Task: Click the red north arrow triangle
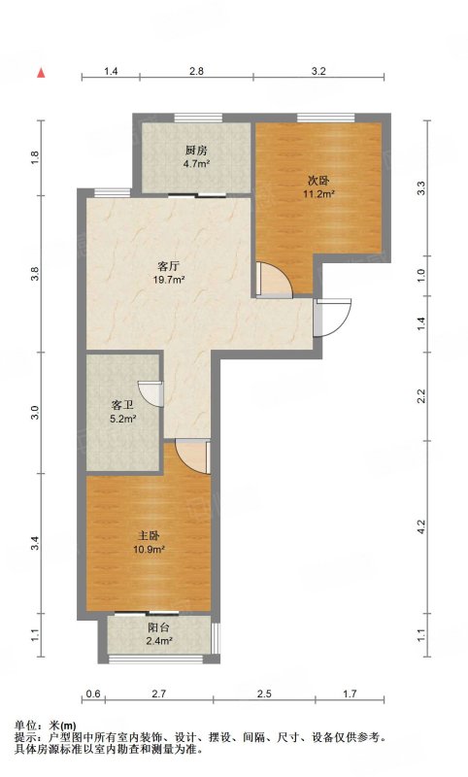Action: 42,73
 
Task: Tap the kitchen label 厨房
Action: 196,151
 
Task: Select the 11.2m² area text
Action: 318,193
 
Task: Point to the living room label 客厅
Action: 169,266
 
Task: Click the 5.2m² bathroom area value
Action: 122,419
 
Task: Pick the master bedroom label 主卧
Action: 149,536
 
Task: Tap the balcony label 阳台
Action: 158,627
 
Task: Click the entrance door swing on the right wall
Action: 333,318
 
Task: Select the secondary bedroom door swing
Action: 274,280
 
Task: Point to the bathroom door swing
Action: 150,394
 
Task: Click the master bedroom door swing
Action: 193,456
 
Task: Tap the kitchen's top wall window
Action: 198,118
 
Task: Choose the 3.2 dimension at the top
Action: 318,71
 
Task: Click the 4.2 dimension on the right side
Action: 421,526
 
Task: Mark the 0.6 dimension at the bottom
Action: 93,693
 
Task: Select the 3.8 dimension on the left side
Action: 35,274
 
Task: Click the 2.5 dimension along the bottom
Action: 264,693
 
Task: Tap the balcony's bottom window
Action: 155,659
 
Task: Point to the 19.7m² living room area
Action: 169,280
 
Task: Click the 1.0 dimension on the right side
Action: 421,276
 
